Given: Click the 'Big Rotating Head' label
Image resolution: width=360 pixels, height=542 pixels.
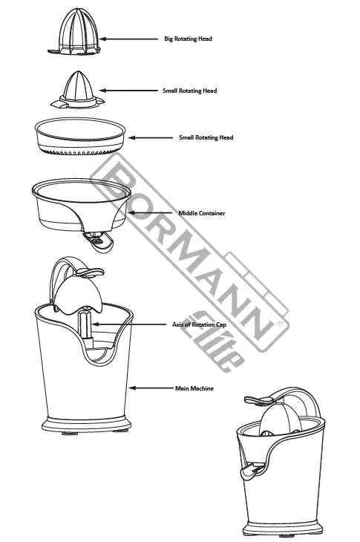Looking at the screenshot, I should click(x=188, y=39).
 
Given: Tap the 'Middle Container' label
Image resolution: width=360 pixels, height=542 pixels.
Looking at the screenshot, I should click(x=201, y=214).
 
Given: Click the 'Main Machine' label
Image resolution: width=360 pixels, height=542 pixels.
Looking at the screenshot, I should click(x=194, y=388).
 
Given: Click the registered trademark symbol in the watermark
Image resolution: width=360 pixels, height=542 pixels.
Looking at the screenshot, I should click(x=278, y=324).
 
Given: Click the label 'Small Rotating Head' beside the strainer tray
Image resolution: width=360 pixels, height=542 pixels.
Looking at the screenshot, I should click(x=206, y=137).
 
